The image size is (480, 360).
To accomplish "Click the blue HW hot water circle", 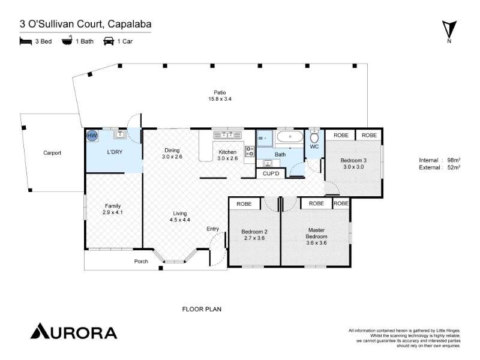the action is point(92,136).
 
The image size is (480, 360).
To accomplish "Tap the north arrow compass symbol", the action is point(449,29).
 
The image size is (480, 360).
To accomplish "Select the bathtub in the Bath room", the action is point(290,137).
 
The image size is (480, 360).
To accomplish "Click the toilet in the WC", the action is point(314,137).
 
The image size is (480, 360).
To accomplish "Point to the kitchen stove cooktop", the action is point(250,151).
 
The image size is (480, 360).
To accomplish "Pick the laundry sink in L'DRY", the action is point(120,134).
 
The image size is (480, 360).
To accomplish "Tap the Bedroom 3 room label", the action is point(353,160).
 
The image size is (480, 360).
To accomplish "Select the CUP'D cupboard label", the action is point(271,173).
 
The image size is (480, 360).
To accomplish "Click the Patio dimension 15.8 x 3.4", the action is point(220,99).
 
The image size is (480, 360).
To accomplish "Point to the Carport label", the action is point(52,153).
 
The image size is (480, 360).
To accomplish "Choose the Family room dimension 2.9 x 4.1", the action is point(113,212).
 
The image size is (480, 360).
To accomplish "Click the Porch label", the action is point(141,261).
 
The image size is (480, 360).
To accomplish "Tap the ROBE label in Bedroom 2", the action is point(244,204).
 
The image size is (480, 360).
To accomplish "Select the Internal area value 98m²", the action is point(454,160).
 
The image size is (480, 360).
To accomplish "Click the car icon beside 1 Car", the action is point(109,41).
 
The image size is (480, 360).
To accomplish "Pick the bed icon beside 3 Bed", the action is point(26,41).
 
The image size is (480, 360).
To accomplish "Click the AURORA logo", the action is point(74,331).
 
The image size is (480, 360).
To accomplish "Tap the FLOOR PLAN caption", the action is point(202,309).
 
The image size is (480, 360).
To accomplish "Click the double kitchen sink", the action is point(227,135).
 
